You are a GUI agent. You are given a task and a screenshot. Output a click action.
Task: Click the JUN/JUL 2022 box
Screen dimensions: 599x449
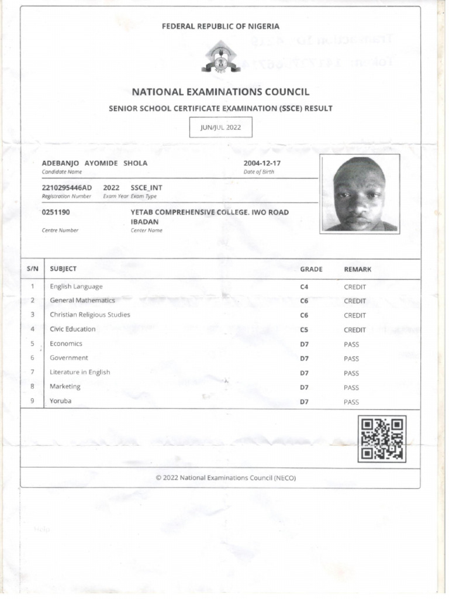point(220,127)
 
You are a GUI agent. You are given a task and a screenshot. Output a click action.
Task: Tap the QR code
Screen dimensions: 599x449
point(383,438)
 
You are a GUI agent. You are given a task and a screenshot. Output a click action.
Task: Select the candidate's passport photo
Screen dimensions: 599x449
point(360,194)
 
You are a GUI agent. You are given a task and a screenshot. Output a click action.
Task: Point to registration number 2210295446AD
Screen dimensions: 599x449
point(67,187)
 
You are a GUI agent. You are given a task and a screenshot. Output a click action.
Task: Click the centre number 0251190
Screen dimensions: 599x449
point(56,212)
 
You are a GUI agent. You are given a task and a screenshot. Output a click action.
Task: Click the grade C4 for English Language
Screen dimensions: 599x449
point(304,287)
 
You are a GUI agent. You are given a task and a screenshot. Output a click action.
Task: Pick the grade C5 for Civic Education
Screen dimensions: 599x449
point(304,330)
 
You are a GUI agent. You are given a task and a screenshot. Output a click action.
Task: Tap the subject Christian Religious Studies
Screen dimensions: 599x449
point(90,315)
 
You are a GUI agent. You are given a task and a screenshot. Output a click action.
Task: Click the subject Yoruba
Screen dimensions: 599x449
point(61,401)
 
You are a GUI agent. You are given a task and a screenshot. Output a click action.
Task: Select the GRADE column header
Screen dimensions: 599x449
point(311,269)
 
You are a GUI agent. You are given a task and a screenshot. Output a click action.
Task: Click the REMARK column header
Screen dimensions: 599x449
point(357,269)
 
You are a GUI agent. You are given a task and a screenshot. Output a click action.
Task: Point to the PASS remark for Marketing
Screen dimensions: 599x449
point(351,387)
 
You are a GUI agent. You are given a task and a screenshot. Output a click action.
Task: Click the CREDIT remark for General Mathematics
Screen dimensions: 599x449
point(355,301)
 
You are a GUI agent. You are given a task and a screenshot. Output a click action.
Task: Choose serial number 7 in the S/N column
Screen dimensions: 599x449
point(33,372)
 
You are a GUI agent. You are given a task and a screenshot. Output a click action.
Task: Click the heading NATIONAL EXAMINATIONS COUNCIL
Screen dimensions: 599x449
point(220,92)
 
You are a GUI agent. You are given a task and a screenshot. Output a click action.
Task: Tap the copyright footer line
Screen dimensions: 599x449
point(226,478)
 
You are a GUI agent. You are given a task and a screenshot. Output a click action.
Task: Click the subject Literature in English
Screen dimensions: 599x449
point(80,372)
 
